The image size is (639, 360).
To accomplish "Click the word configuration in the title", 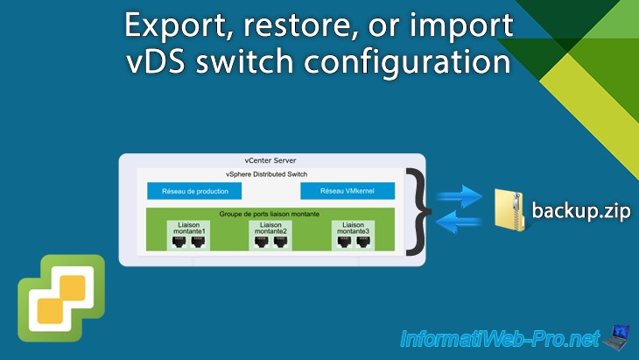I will coord(419,65).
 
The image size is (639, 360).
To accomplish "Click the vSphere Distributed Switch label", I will coord(271,174).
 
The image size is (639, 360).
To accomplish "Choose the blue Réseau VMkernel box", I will coord(348,191).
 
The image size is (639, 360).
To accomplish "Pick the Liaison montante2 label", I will coord(271,228).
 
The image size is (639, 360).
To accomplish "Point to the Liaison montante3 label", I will coord(352,228).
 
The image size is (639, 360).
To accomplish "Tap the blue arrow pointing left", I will coord(460,222).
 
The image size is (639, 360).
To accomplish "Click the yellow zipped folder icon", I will coord(513,211).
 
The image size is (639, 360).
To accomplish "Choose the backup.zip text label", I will coord(582,212).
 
